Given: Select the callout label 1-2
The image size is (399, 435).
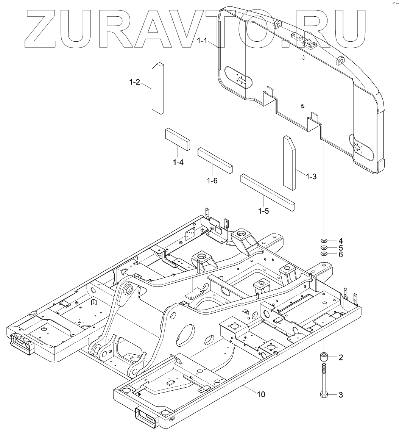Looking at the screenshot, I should (x=134, y=82).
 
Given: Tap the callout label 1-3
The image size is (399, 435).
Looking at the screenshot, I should (x=311, y=176).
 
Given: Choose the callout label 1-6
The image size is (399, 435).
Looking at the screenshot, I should (x=212, y=180).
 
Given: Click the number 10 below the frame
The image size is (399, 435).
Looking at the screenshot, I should (x=261, y=394).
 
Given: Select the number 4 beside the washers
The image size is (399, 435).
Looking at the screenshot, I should (x=340, y=241).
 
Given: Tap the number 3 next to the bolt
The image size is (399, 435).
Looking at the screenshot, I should (x=340, y=395).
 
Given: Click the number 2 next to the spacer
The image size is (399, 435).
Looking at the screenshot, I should (x=340, y=357).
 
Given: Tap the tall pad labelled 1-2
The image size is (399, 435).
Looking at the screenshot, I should (x=159, y=88).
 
